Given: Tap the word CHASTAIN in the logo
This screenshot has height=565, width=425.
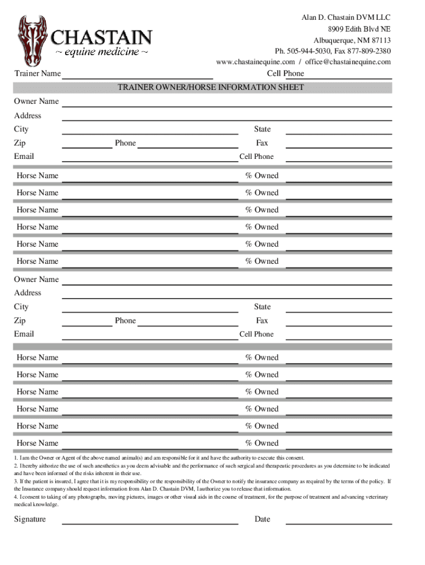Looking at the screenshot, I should [x=102, y=38].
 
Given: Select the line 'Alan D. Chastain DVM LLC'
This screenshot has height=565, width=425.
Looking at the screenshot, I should [x=346, y=18].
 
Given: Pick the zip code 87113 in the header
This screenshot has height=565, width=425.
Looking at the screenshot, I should [x=379, y=40].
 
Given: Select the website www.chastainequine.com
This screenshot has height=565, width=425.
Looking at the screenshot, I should [x=256, y=62].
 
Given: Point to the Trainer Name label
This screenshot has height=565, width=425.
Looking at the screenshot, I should [x=38, y=73].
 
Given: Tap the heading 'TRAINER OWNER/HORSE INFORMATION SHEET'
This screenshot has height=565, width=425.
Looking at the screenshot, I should [x=210, y=87].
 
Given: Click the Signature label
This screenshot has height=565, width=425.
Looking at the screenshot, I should [x=30, y=519].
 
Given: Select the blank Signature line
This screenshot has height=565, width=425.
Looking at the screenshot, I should [x=150, y=521].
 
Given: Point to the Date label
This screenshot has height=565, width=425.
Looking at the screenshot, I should [x=262, y=519].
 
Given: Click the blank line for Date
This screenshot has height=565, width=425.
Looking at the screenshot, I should [x=338, y=521].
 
